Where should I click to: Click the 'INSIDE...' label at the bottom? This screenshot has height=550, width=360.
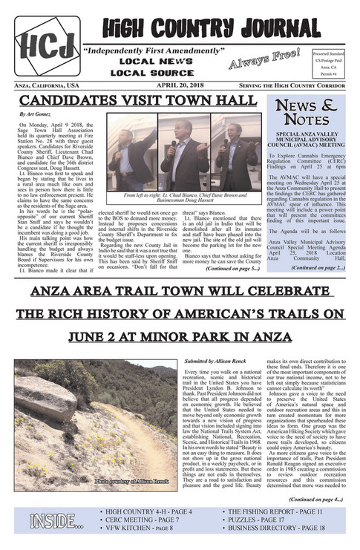56,522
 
